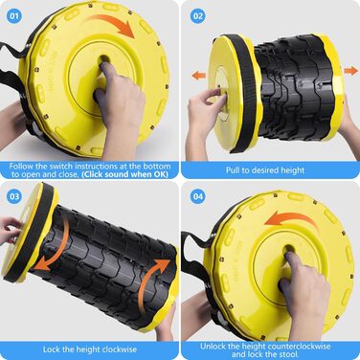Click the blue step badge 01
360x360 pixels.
[x=14, y=15]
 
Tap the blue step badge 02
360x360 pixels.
[x=198, y=15]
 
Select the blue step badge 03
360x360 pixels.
[x=14, y=196]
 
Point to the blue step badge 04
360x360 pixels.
[x=198, y=196]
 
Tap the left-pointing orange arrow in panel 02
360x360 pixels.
[x=198, y=76]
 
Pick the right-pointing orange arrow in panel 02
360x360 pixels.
[x=350, y=70]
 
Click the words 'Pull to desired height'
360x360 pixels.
[x=265, y=170]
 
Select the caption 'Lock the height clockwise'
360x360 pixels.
[x=90, y=349]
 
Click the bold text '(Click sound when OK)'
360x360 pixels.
[x=124, y=174]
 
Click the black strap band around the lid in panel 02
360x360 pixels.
[x=244, y=93]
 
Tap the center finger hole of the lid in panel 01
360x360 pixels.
[x=104, y=59]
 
